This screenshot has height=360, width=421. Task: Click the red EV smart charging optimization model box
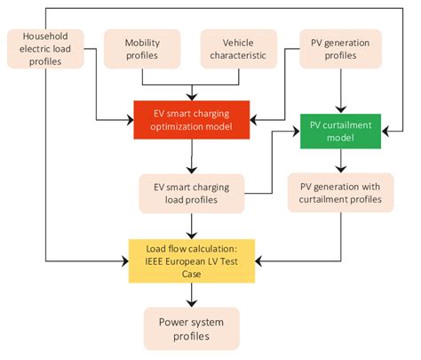coord(190,120)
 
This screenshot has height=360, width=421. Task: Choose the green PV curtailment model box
coord(341,130)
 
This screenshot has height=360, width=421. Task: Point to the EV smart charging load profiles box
coord(190,193)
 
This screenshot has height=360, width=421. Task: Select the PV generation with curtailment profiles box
coord(341,191)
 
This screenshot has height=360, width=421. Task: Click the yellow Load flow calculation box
coord(190,260)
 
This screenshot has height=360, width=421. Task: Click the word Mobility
coord(141,41)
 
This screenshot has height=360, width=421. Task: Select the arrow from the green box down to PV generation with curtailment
coord(341,158)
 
